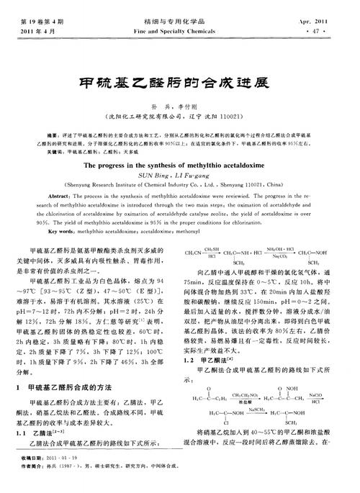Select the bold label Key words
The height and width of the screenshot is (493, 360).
pos(61,231)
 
